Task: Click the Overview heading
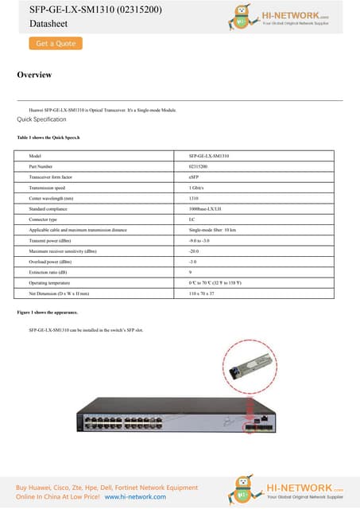pos(34,75)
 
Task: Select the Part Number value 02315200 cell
pos(198,166)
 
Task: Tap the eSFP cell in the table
pos(194,177)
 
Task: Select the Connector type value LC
pos(192,219)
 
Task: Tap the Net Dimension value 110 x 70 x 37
pos(203,293)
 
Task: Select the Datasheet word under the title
pos(36,25)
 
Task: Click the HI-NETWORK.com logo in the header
pos(294,17)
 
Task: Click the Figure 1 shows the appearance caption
pos(48,313)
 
